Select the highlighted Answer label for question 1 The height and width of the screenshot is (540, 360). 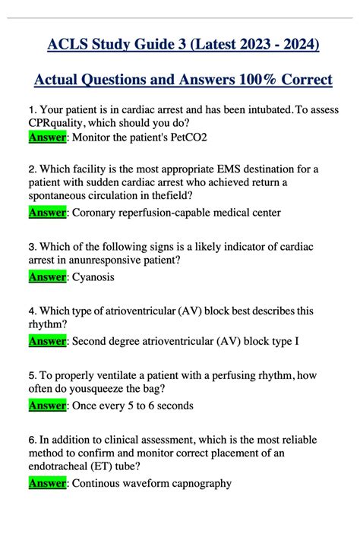coord(47,137)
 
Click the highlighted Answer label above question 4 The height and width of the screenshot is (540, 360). coord(47,277)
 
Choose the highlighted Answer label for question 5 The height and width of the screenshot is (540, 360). coord(47,406)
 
